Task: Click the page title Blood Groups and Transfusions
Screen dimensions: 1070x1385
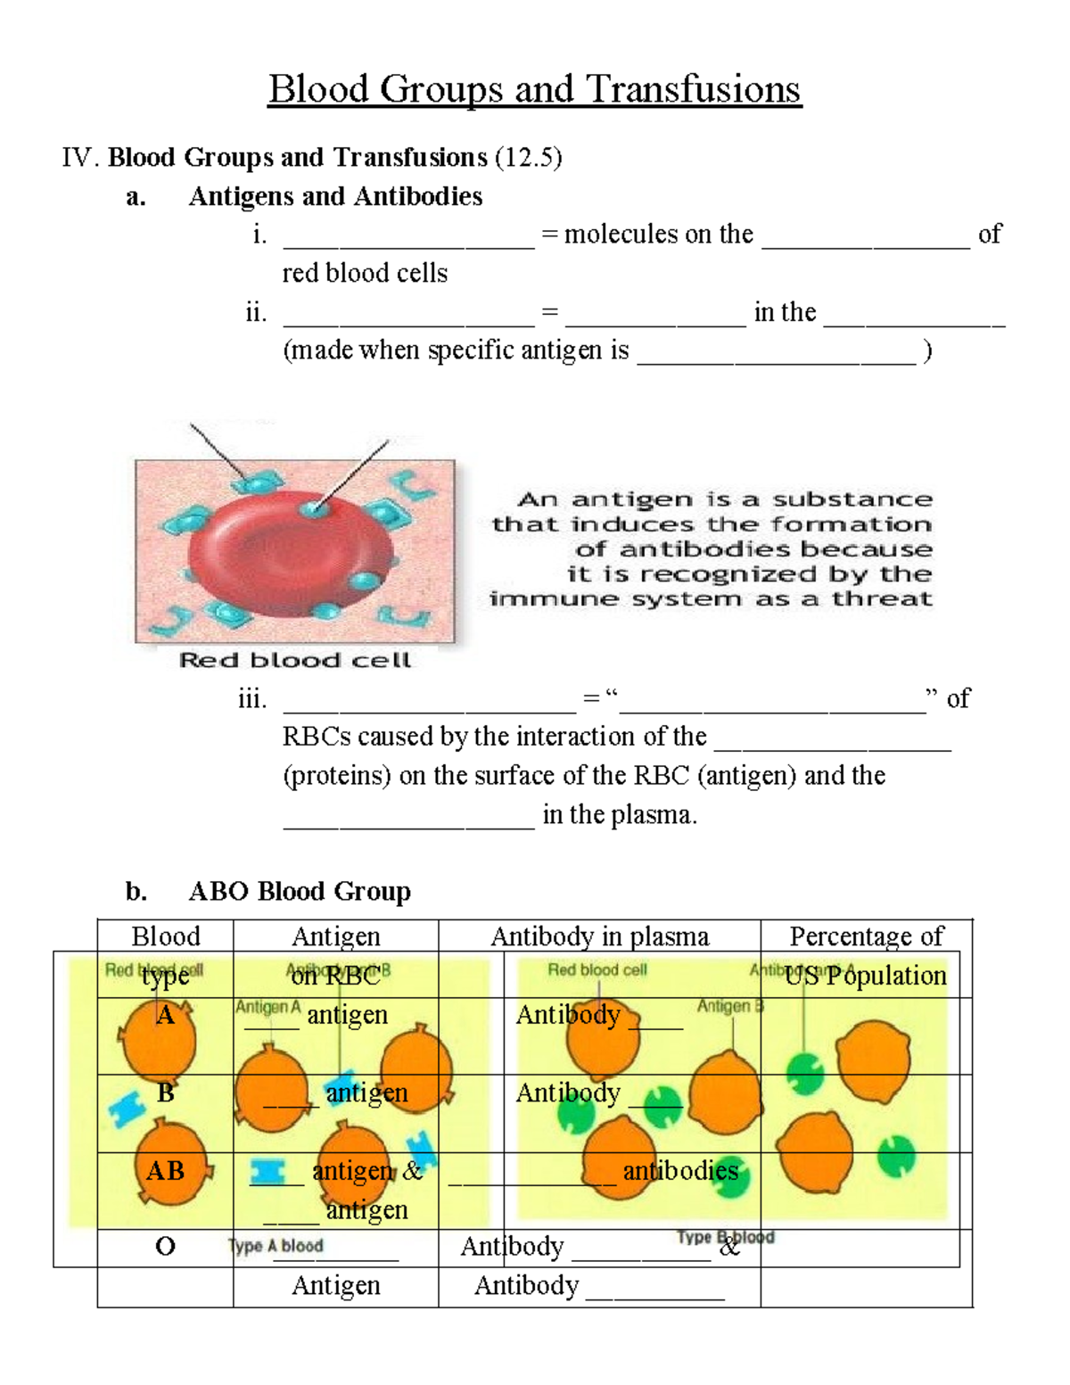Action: click(x=534, y=90)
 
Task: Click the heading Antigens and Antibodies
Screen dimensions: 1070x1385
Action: click(x=335, y=196)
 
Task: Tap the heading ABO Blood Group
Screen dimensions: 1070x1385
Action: click(x=300, y=891)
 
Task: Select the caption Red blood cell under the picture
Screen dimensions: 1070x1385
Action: click(x=295, y=661)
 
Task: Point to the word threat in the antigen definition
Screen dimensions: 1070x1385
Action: click(x=882, y=599)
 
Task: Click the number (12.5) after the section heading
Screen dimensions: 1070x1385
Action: click(x=529, y=158)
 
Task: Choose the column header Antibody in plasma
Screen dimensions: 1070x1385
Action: click(x=600, y=936)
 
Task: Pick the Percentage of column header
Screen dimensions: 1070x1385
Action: click(x=866, y=936)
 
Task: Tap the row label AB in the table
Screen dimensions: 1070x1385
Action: click(x=165, y=1170)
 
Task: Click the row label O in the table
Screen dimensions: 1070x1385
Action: click(x=165, y=1246)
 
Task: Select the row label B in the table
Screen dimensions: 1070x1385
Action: click(x=165, y=1092)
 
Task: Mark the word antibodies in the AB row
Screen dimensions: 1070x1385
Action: click(x=680, y=1170)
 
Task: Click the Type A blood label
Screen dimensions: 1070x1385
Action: click(x=276, y=1246)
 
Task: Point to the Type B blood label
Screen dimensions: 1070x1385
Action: click(x=725, y=1238)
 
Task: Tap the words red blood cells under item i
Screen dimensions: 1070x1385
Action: click(x=365, y=273)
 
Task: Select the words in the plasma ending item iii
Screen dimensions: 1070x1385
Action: click(x=620, y=814)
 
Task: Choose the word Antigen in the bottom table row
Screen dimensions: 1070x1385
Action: click(x=336, y=1285)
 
